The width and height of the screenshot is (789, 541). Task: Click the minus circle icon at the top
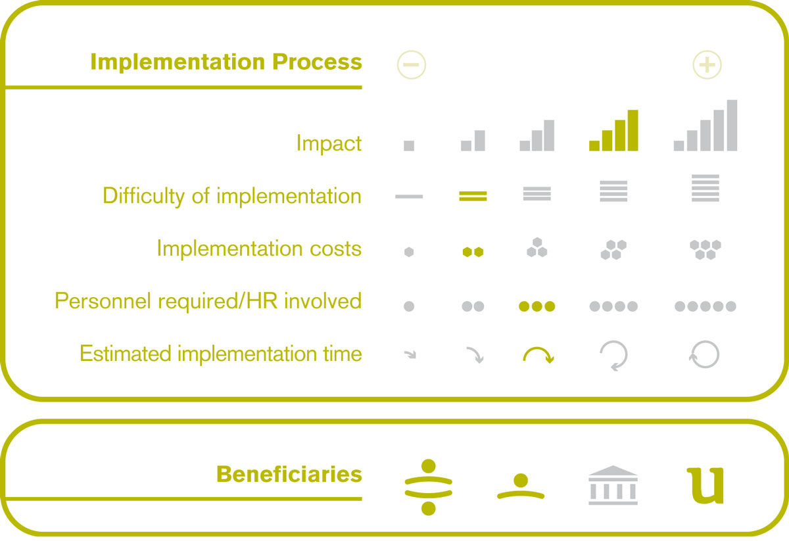412,65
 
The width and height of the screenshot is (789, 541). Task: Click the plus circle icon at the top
707,65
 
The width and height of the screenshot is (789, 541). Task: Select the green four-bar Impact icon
613,130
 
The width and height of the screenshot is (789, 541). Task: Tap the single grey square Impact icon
409,146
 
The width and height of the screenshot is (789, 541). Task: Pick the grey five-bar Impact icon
705,126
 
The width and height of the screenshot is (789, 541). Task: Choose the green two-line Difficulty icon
473,196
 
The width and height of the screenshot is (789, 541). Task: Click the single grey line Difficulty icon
409,197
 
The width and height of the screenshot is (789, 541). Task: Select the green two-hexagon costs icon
473,252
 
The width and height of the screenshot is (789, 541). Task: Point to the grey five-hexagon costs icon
705,250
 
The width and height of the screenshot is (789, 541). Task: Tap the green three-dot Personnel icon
537,306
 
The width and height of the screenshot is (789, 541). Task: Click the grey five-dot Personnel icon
705,306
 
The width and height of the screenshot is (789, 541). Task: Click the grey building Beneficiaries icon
613,485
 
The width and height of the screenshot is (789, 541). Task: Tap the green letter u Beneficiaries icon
705,486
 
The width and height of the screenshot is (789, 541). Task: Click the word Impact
329,143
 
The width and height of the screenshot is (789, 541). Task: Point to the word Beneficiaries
289,474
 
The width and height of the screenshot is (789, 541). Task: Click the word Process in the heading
317,62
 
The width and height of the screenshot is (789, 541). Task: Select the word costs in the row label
336,249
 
